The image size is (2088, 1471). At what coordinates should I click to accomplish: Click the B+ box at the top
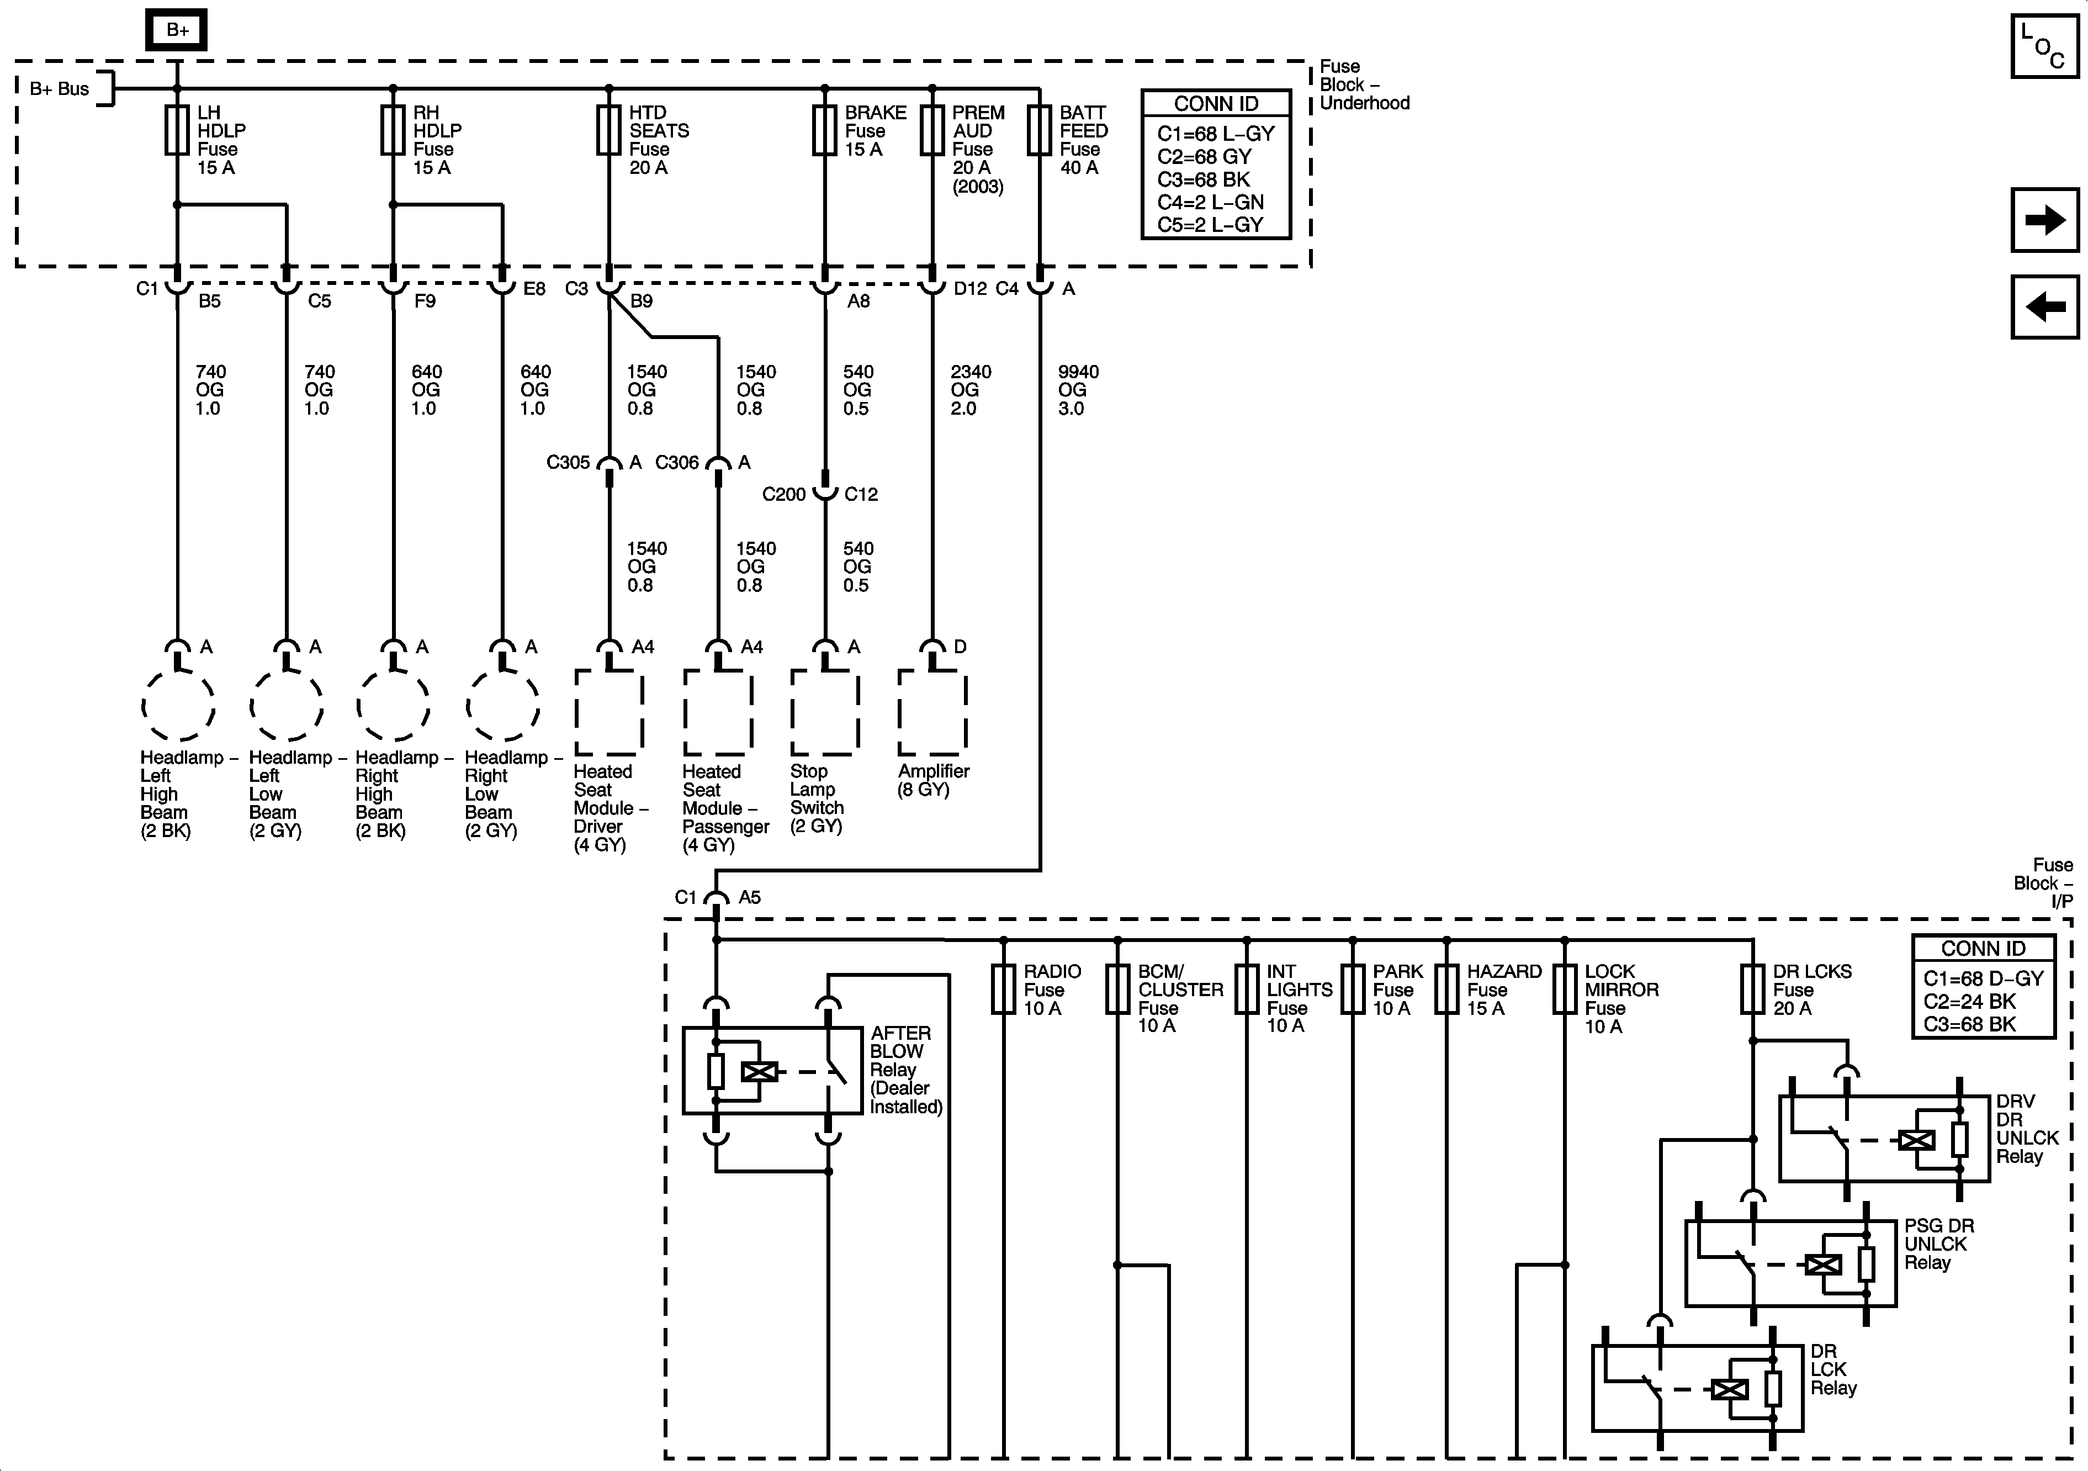(177, 30)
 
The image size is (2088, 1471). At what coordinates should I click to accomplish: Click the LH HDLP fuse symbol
(177, 130)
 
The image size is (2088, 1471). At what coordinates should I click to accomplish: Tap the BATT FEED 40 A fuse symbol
(1040, 130)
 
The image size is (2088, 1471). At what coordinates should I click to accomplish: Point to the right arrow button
(2044, 220)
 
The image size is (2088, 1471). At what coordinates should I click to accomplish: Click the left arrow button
(2044, 306)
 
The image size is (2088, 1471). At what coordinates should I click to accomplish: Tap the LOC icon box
(2044, 45)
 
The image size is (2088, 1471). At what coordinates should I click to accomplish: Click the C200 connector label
(784, 494)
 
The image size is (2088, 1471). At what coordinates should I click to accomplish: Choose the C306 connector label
(677, 462)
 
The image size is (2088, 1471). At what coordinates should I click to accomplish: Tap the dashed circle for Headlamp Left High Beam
(178, 705)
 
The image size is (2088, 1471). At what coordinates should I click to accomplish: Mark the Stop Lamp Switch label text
(816, 798)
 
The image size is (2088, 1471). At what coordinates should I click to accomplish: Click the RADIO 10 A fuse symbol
(1003, 989)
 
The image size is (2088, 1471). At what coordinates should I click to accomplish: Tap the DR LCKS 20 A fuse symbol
(1752, 989)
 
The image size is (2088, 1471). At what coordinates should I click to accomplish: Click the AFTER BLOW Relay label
(905, 1069)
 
